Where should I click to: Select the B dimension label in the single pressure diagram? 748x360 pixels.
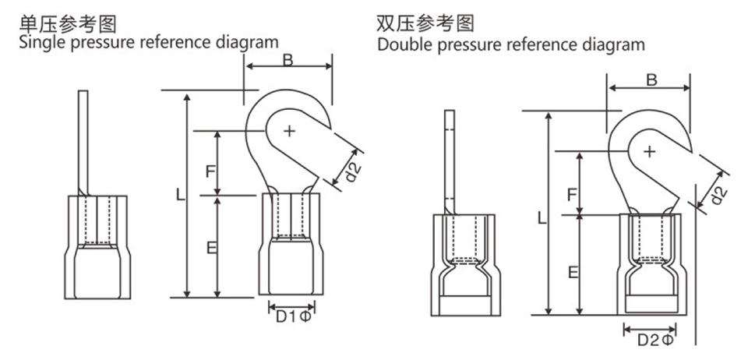pos(288,60)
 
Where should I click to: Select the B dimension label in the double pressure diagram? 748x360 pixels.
pos(651,79)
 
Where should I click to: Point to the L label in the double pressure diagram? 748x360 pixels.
pos(542,219)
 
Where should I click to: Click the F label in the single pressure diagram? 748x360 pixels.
pos(209,170)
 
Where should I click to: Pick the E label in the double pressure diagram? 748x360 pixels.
pos(572,271)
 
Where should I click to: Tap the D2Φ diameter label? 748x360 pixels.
pos(654,340)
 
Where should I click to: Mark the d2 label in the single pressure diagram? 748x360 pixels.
pos(351,171)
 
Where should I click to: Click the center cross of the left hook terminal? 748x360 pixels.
pos(289,130)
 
